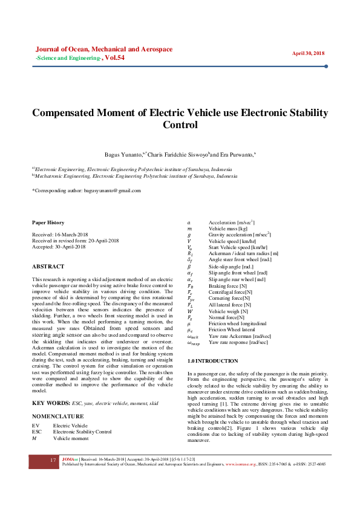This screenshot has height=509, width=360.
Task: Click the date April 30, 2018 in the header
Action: pyautogui.click(x=309, y=53)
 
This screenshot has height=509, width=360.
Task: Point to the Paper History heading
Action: pyautogui.click(x=48, y=222)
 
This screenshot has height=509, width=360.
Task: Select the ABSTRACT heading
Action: pyautogui.click(x=48, y=266)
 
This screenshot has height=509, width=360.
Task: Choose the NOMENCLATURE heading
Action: pyautogui.click(x=58, y=417)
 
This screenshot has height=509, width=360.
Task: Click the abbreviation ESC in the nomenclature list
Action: pyautogui.click(x=37, y=432)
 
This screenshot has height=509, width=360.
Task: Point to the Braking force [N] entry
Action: pyautogui.click(x=227, y=285)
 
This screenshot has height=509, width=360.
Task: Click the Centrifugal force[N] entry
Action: pyautogui.click(x=231, y=292)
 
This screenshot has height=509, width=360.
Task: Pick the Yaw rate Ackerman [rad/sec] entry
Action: pyautogui.click(x=240, y=336)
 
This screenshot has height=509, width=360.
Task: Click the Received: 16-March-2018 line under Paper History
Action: pyautogui.click(x=59, y=234)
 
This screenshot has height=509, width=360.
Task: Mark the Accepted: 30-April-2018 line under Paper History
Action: pyautogui.click(x=58, y=247)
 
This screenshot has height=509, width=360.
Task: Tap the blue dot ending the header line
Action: pyautogui.click(x=326, y=66)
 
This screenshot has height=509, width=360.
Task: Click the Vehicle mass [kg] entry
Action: pyautogui.click(x=228, y=229)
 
